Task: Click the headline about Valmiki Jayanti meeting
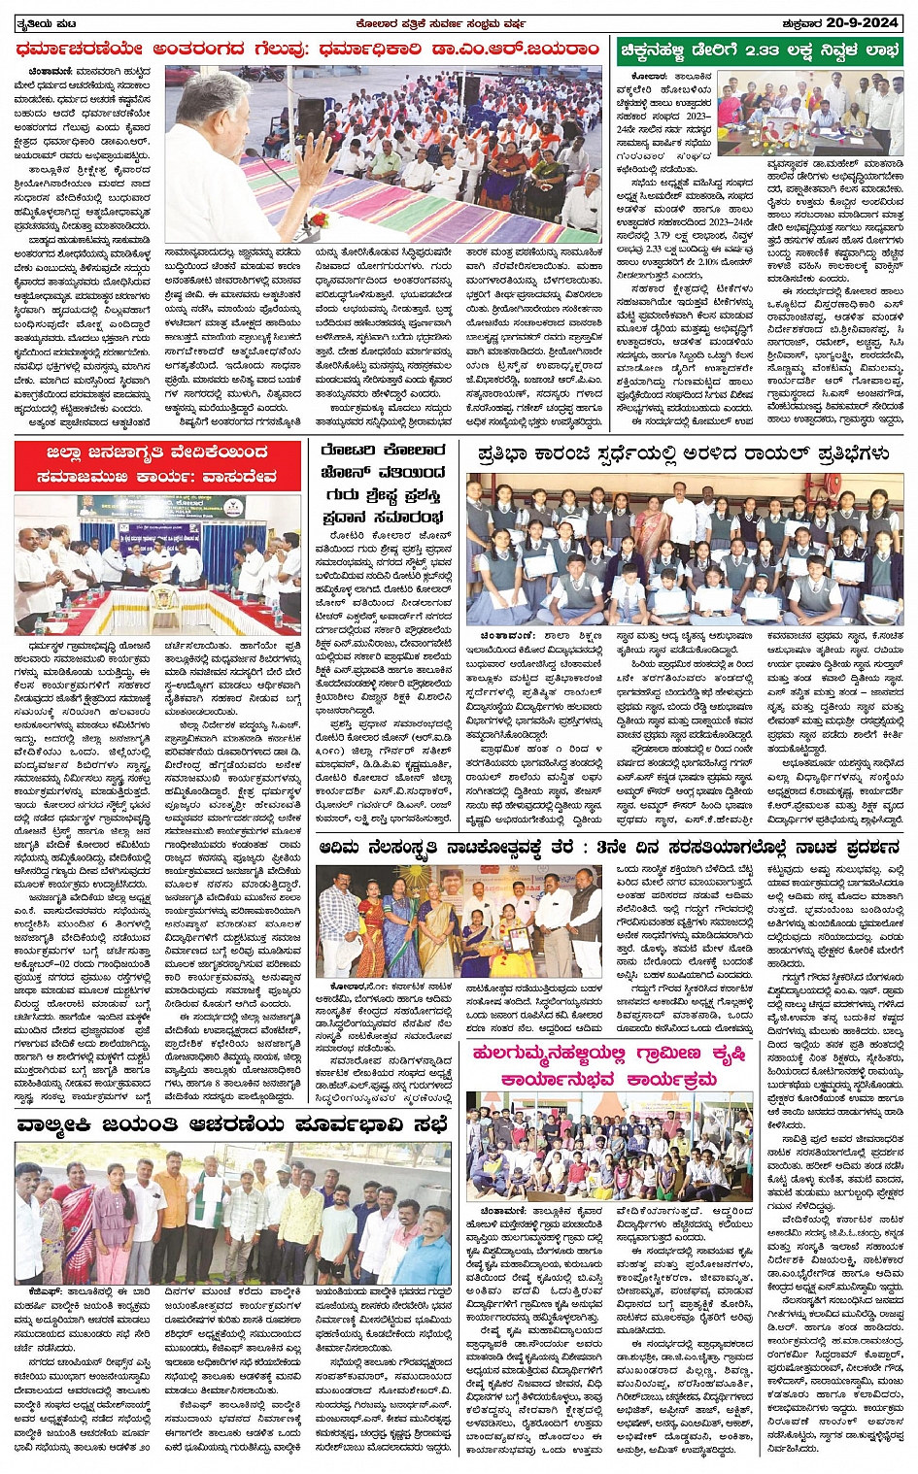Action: (x=232, y=1125)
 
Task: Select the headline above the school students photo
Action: (x=683, y=453)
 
